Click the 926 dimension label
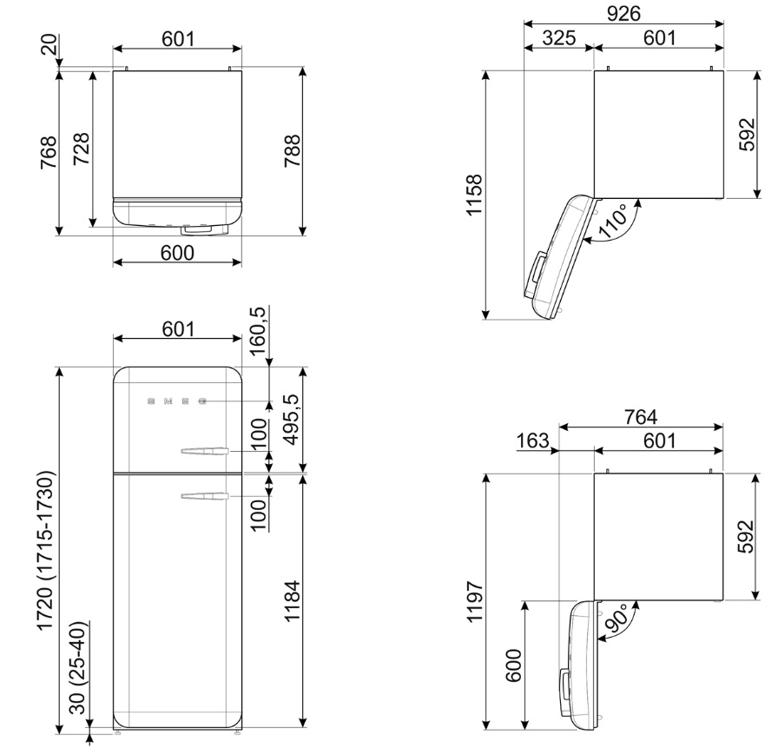tap(623, 13)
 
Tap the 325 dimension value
tap(558, 37)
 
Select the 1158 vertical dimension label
tap(474, 195)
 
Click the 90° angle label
tap(617, 618)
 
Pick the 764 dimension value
tap(641, 417)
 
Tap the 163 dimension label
tap(533, 440)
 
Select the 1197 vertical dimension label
tap(475, 601)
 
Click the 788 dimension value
tap(292, 151)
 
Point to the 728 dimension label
tap(81, 149)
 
